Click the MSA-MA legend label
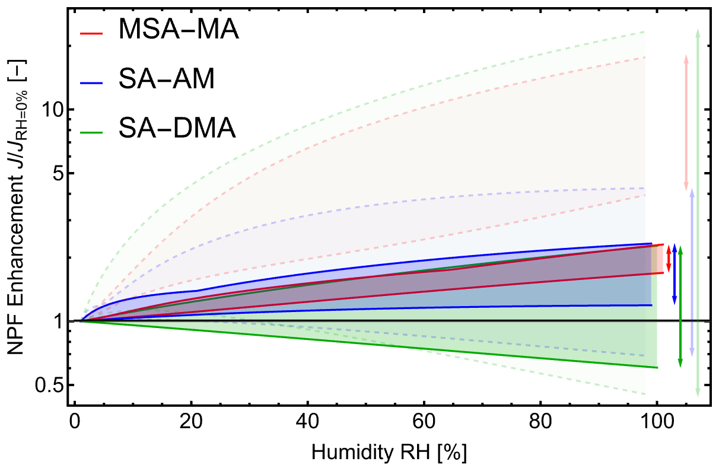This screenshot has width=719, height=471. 179,30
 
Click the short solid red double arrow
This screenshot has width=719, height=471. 669,259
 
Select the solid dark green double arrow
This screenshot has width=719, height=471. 680,306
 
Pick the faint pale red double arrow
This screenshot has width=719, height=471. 686,122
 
